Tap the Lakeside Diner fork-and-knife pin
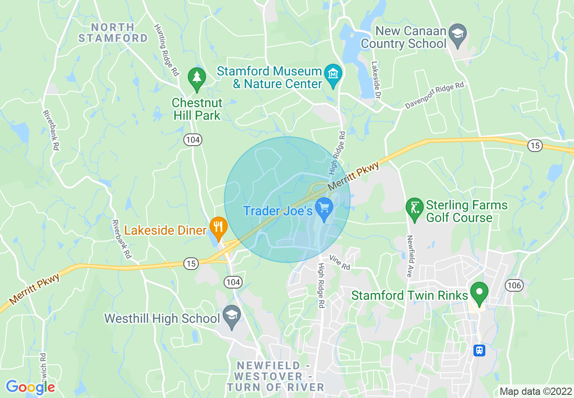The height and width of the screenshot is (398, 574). click(x=219, y=226)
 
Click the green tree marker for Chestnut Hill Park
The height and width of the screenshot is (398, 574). click(x=197, y=77)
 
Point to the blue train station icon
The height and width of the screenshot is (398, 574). click(x=479, y=350)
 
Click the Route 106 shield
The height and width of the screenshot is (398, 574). click(x=515, y=285)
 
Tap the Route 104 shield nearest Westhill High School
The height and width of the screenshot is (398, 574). click(x=233, y=282)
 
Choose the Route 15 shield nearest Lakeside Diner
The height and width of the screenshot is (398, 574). click(x=192, y=264)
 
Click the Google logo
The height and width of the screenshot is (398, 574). click(x=30, y=387)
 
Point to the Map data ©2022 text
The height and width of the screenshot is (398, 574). click(x=535, y=391)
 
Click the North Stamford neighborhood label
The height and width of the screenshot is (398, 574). click(x=113, y=33)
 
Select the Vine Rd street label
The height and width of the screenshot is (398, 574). click(x=340, y=262)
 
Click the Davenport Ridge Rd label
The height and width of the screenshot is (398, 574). click(x=435, y=95)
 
